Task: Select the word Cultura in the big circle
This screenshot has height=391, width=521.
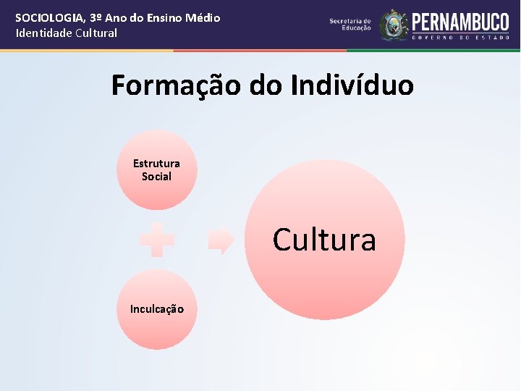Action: [x=324, y=240]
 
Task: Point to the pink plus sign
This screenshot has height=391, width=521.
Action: [x=157, y=240]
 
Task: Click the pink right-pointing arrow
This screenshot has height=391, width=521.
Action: [x=221, y=240]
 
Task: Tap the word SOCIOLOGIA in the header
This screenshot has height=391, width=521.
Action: [x=47, y=18]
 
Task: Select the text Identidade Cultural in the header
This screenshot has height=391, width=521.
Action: [x=66, y=33]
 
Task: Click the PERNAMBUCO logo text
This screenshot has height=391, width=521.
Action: [x=460, y=21]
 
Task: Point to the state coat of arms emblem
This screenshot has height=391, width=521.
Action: [x=394, y=25]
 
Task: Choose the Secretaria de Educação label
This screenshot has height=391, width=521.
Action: [x=350, y=25]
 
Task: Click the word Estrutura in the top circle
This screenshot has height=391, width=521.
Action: [x=156, y=164]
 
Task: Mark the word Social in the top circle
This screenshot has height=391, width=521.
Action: [x=156, y=177]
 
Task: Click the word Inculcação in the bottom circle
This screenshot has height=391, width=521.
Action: [x=156, y=309]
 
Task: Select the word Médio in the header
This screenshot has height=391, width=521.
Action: [x=204, y=18]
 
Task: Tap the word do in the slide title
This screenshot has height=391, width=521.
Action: [x=266, y=86]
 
